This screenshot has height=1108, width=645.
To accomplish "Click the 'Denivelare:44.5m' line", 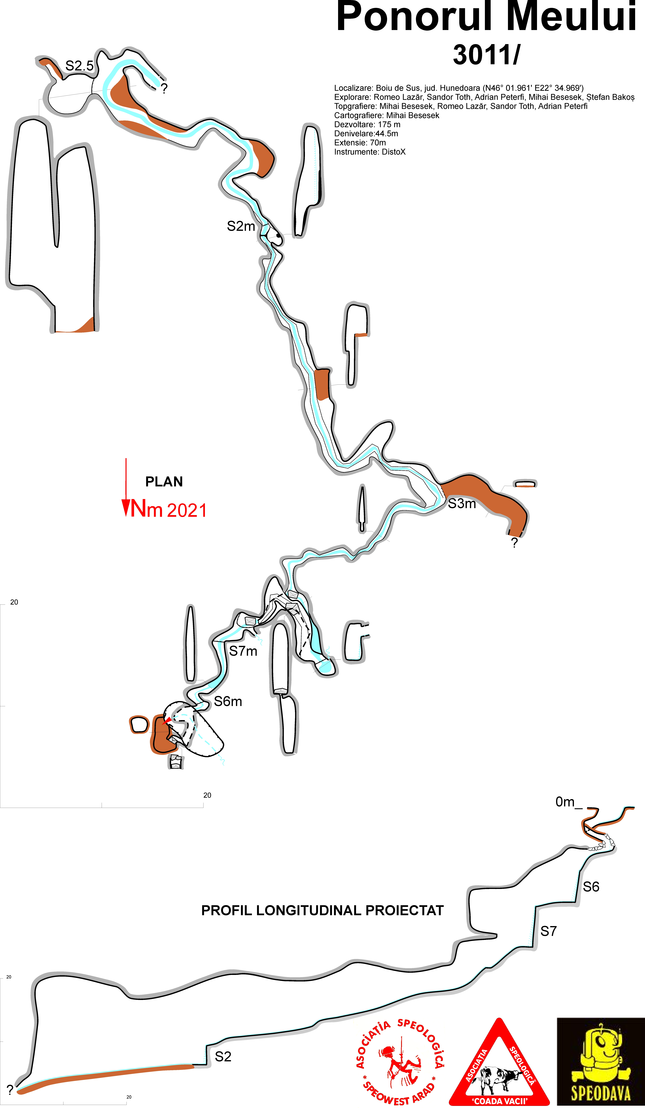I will coord(366,134).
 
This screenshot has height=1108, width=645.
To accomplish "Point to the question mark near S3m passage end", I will coord(514,543).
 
